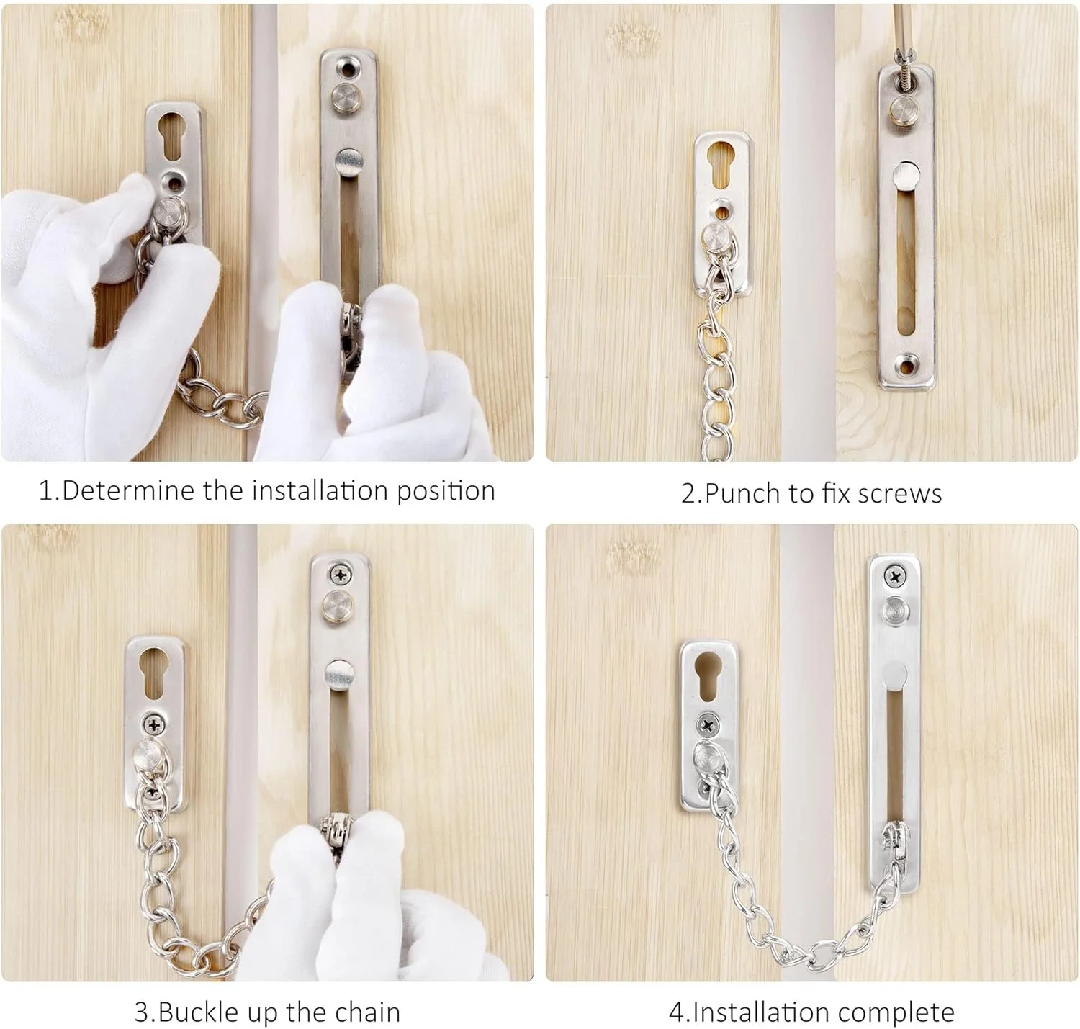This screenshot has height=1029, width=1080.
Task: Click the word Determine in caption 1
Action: tap(128, 490)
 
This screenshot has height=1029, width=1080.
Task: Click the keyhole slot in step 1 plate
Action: tap(172, 135)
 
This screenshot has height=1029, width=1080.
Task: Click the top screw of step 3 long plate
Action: tap(341, 575)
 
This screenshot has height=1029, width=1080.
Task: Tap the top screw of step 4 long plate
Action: tap(896, 576)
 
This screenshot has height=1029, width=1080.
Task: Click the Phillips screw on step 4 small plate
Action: tap(708, 725)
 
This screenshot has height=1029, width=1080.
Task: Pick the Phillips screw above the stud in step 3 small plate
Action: tap(154, 724)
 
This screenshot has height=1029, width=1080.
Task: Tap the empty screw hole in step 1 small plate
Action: tap(175, 182)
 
